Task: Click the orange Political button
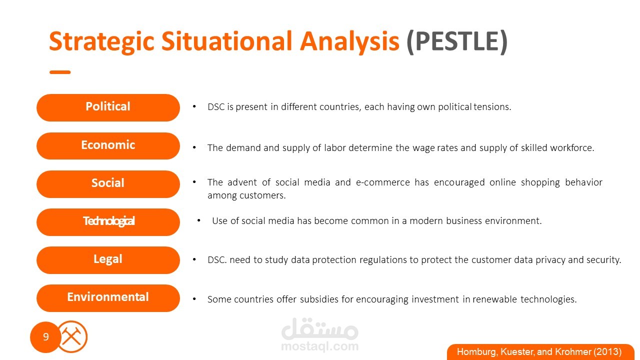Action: [108, 107]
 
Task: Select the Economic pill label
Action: [108, 145]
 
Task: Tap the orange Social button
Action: [108, 184]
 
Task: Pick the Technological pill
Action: [108, 222]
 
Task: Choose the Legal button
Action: [108, 260]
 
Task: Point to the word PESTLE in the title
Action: [457, 41]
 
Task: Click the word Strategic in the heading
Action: [101, 42]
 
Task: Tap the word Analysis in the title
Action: [349, 41]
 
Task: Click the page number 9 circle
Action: [45, 337]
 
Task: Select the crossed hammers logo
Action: [71, 336]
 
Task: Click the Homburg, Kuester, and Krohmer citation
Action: [539, 351]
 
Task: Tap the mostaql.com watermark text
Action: [319, 346]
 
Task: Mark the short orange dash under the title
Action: [60, 72]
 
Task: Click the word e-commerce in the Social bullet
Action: [383, 182]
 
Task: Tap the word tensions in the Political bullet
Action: [492, 107]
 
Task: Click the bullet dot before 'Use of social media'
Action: [199, 220]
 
